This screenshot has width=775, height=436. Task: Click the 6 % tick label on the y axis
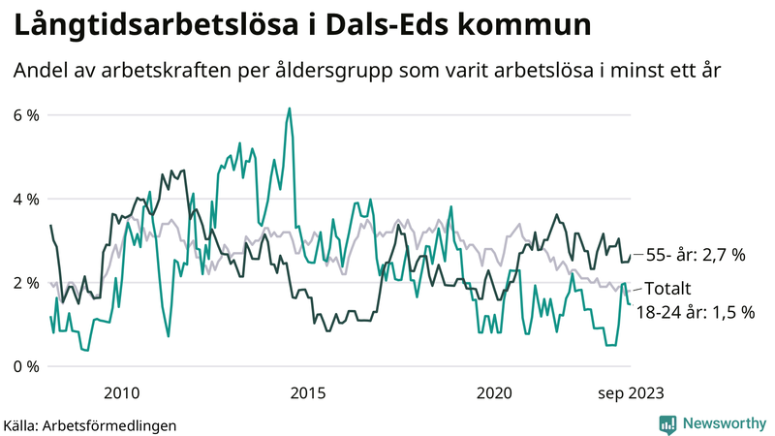(x=26, y=115)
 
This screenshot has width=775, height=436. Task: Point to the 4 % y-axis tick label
(x=26, y=199)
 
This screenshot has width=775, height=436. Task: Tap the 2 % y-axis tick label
(x=26, y=283)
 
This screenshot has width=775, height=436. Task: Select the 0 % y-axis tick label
(x=26, y=366)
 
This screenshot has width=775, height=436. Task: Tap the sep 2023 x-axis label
(x=631, y=392)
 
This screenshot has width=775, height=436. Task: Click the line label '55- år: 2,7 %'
(x=695, y=256)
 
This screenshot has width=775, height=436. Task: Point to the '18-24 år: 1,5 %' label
(x=693, y=312)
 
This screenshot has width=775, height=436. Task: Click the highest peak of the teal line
(x=289, y=109)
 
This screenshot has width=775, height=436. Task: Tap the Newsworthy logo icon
(x=667, y=423)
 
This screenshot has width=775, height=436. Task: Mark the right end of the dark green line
(x=630, y=257)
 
